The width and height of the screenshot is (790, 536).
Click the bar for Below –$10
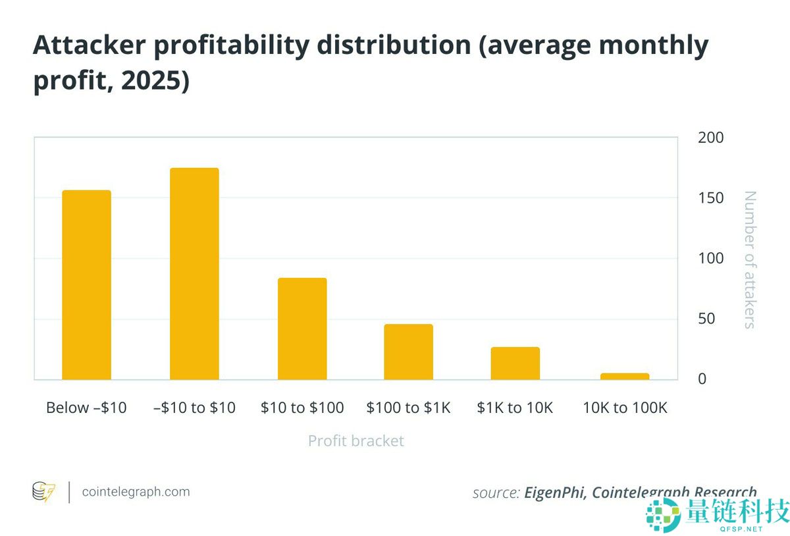[86, 284]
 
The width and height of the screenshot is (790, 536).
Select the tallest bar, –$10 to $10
[194, 273]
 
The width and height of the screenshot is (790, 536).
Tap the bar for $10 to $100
[302, 329]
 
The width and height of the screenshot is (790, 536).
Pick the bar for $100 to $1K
[408, 352]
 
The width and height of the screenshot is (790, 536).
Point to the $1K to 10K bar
[515, 363]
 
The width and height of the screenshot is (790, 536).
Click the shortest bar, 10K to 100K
[624, 376]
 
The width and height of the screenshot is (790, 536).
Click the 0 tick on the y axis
[702, 379]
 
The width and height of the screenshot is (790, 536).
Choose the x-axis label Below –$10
[86, 408]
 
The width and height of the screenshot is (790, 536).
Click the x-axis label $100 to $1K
[408, 408]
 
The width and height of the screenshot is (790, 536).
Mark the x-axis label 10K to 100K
[625, 408]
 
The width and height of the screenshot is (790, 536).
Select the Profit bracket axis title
[355, 441]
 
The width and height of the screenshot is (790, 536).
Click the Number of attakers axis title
[750, 259]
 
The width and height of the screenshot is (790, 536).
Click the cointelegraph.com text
[136, 492]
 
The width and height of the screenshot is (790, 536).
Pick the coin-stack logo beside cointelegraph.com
[44, 492]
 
